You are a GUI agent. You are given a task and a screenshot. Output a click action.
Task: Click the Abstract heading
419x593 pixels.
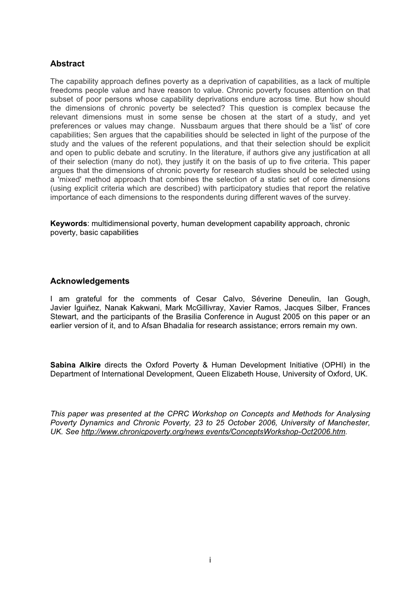click(67, 64)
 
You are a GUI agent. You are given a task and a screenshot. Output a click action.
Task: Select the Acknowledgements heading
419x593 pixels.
click(90, 281)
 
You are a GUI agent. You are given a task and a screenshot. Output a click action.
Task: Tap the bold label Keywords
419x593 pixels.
click(68, 224)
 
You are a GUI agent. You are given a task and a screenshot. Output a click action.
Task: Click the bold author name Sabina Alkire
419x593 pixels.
click(76, 365)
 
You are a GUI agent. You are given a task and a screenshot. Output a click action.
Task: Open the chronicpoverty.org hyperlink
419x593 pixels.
click(213, 432)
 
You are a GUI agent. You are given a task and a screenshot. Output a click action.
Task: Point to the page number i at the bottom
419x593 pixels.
click(210, 560)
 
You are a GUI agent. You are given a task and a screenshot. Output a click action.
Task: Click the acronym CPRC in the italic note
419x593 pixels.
click(177, 414)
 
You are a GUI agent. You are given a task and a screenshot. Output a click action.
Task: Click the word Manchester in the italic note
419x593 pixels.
click(349, 423)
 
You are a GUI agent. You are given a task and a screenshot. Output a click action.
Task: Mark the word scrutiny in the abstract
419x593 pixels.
click(158, 153)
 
